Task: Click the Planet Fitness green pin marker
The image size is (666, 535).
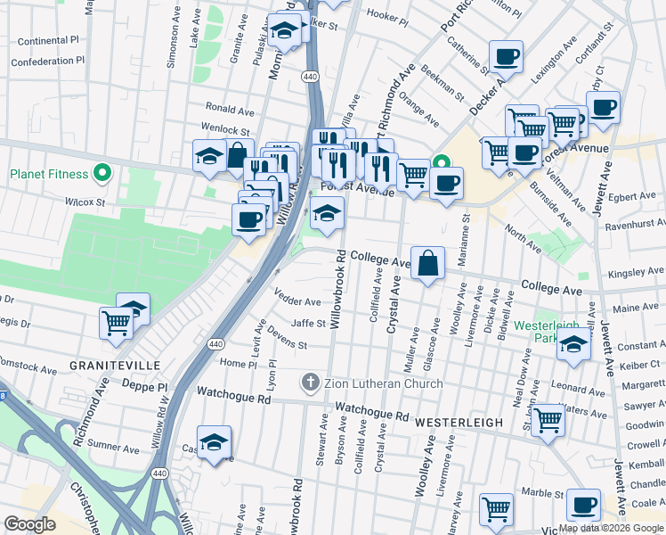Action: (x=102, y=174)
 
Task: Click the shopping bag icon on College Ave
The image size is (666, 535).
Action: (x=427, y=263)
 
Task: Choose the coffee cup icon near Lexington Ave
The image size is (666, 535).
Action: (x=506, y=57)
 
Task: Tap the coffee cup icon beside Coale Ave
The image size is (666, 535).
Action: (x=583, y=506)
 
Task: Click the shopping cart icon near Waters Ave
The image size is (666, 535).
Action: (x=547, y=419)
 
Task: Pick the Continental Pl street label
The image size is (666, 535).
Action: (x=49, y=41)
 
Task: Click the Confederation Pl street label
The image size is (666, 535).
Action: (x=46, y=61)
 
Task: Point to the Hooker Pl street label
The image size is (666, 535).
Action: (x=386, y=16)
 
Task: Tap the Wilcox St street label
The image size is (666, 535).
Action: (x=85, y=202)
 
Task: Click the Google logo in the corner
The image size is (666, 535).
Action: (x=29, y=524)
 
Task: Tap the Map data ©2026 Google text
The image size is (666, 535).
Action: (x=612, y=528)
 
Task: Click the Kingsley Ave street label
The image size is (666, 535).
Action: (x=637, y=271)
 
